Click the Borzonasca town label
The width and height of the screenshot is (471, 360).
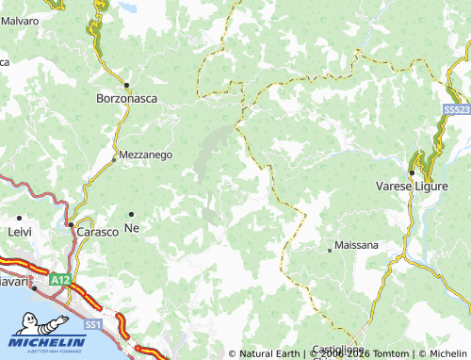click(127, 97)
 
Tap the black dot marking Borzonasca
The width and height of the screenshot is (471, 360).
click(126, 84)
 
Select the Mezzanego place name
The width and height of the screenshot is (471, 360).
click(145, 155)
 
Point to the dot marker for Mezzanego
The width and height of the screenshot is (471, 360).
click(115, 159)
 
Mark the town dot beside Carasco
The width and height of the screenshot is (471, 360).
click(70, 224)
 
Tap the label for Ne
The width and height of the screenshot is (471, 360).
click(132, 230)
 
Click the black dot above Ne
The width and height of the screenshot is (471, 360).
click(131, 215)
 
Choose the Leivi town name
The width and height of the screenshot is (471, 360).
click(19, 231)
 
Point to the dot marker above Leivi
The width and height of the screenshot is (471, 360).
click(19, 218)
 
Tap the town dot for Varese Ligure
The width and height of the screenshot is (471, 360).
click(412, 172)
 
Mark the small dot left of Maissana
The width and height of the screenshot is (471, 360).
click(330, 250)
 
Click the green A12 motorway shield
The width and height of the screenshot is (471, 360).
click(61, 280)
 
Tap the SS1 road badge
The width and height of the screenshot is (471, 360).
click(93, 324)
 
